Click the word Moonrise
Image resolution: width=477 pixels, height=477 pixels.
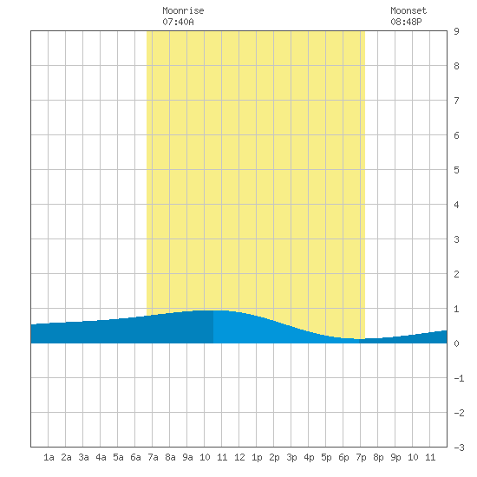(183, 10)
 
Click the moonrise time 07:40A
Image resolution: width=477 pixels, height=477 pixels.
(178, 22)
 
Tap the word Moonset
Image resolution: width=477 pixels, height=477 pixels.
(408, 10)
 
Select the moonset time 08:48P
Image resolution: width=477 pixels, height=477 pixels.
(406, 22)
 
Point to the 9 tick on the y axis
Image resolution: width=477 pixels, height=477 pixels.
(456, 31)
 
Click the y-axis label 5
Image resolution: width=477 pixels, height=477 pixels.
(456, 170)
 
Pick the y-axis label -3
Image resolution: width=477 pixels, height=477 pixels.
(459, 448)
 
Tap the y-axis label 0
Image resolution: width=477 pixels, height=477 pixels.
(456, 343)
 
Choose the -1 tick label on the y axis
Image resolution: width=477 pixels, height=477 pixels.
(459, 378)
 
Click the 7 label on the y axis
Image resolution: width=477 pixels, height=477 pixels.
(456, 101)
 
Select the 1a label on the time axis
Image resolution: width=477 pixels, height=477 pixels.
(49, 457)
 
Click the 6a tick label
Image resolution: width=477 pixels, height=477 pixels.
(135, 457)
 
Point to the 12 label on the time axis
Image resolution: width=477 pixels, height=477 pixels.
(239, 457)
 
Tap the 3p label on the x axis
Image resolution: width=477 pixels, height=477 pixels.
(291, 457)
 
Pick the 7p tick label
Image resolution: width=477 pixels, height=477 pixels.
(361, 457)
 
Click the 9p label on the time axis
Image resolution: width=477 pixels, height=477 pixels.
(395, 457)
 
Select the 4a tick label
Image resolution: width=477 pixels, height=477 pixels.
(101, 457)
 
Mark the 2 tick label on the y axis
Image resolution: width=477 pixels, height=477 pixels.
(456, 274)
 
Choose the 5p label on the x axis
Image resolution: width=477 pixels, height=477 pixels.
(326, 457)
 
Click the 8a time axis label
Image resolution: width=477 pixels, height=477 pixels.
(170, 457)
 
